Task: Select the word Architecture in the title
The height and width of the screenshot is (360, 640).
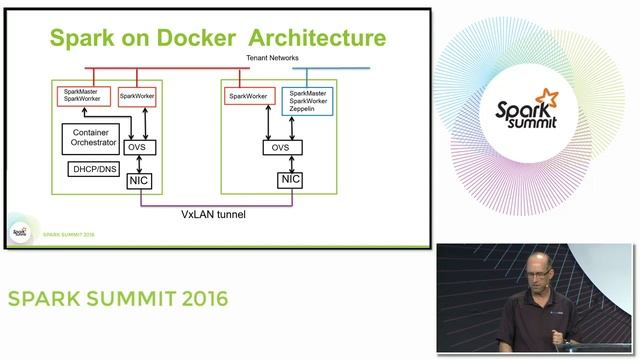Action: click(315, 38)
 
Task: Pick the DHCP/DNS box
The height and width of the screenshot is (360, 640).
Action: click(95, 169)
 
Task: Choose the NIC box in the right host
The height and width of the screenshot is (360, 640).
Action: click(289, 180)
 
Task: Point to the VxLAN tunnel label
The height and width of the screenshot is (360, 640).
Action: click(213, 214)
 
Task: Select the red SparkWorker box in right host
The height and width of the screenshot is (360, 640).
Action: click(249, 96)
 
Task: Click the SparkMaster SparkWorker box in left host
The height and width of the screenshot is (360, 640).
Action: click(81, 96)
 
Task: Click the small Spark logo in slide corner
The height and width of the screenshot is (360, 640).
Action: click(19, 232)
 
